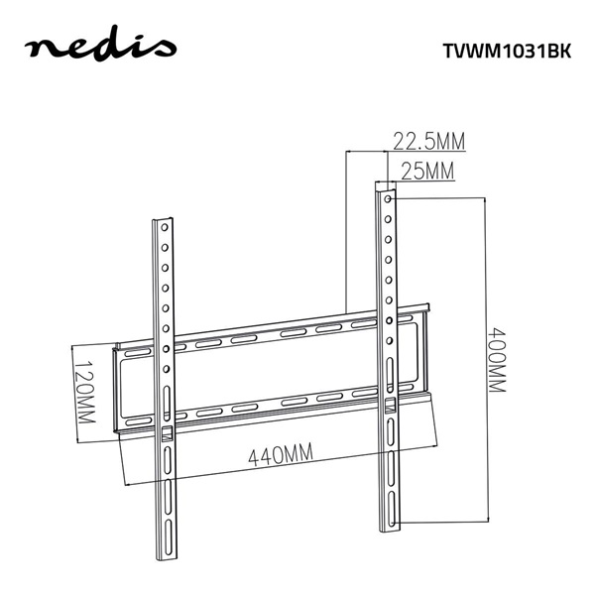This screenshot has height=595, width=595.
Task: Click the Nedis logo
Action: pyautogui.click(x=100, y=47)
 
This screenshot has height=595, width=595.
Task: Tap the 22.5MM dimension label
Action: pyautogui.click(x=428, y=140)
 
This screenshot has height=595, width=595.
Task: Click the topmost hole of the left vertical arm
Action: pyautogui.click(x=165, y=228)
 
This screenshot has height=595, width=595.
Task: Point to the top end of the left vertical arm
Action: pyautogui.click(x=165, y=217)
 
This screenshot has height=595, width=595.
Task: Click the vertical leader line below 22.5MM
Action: pyautogui.click(x=345, y=228)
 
